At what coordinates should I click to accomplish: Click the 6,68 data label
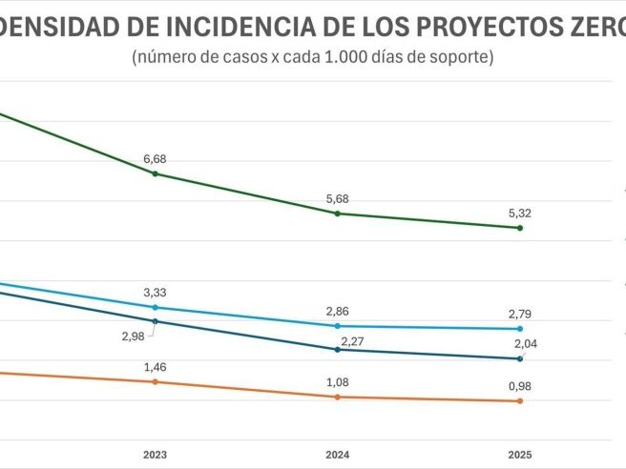point(155,159)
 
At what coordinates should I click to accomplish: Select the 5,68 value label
point(338,199)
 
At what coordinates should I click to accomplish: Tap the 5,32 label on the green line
point(520,214)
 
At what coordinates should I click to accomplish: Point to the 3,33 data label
point(155,293)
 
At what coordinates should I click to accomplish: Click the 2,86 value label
point(338,312)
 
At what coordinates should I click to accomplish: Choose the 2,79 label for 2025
point(520,314)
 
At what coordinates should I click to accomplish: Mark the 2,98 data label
point(134,336)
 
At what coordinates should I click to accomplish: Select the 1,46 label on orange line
point(155,367)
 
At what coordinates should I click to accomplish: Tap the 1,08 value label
point(338,381)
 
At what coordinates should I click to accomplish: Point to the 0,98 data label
point(520,386)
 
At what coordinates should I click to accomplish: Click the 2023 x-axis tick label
point(155,455)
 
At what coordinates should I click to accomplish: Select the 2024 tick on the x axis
point(338,455)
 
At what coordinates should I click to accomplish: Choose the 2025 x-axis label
point(520,455)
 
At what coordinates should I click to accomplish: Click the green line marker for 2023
point(155,173)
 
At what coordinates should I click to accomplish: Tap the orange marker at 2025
point(520,401)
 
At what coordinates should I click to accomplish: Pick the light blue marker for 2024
point(338,326)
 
